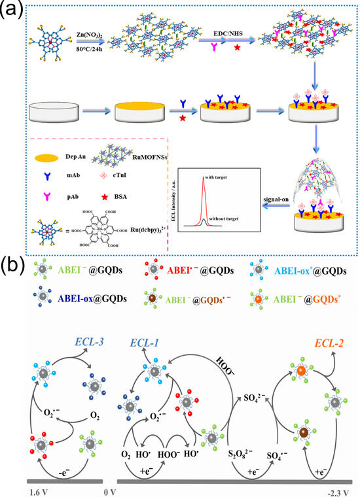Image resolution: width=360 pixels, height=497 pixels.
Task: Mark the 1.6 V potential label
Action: coord(16,488)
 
